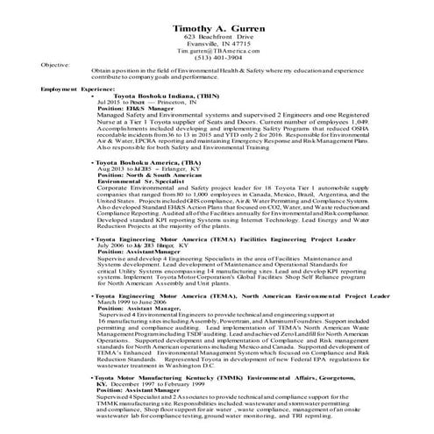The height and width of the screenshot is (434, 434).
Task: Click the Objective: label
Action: [54, 66]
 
